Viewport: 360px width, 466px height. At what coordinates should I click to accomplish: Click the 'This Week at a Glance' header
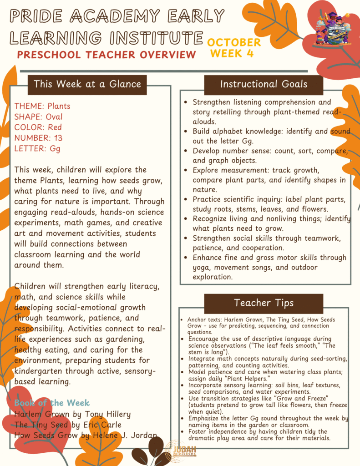pyautogui.click(x=87, y=84)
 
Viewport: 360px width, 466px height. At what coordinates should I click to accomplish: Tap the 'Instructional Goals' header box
pyautogui.click(x=264, y=84)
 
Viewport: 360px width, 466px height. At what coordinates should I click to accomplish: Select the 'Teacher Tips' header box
pyautogui.click(x=264, y=303)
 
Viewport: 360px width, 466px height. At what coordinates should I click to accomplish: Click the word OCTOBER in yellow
pyautogui.click(x=234, y=42)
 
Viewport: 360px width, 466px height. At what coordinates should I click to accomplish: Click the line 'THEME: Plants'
pyautogui.click(x=42, y=106)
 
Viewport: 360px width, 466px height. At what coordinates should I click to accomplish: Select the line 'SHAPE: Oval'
pyautogui.click(x=38, y=116)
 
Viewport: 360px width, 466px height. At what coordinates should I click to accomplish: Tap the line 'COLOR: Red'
pyautogui.click(x=38, y=127)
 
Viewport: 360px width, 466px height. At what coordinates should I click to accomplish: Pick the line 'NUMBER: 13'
pyautogui.click(x=38, y=137)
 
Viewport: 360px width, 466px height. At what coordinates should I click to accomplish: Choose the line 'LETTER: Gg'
pyautogui.click(x=37, y=148)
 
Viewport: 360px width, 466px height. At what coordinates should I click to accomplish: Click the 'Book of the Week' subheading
pyautogui.click(x=52, y=403)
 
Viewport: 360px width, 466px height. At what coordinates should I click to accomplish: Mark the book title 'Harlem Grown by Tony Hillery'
pyautogui.click(x=72, y=414)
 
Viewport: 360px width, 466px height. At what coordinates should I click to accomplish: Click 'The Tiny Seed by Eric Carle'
pyautogui.click(x=68, y=425)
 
